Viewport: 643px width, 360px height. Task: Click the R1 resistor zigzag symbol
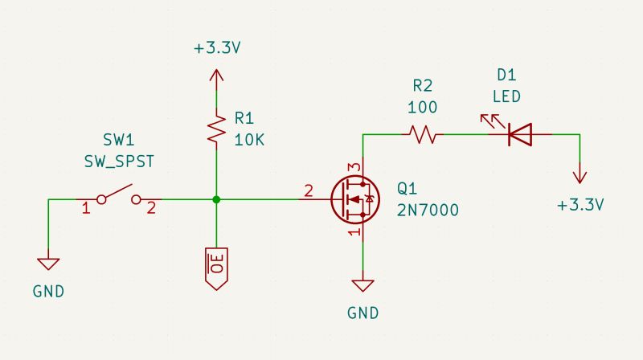click(x=215, y=129)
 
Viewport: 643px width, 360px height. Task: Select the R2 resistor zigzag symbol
click(x=423, y=134)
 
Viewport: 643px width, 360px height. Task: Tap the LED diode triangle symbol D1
click(x=520, y=134)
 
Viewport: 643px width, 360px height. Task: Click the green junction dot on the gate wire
click(x=215, y=198)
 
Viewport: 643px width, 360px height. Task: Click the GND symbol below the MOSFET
click(x=364, y=286)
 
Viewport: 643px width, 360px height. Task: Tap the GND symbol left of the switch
click(x=48, y=264)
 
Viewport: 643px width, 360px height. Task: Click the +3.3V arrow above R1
click(x=215, y=77)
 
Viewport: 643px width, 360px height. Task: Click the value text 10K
click(x=249, y=139)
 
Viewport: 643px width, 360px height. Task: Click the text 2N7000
click(x=428, y=211)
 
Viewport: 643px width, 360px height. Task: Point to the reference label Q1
click(x=408, y=189)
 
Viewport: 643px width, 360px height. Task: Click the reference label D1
click(x=506, y=76)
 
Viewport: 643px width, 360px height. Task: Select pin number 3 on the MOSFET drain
click(x=351, y=166)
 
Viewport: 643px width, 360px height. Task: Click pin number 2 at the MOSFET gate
click(x=308, y=191)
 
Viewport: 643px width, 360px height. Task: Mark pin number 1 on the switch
click(x=86, y=209)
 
